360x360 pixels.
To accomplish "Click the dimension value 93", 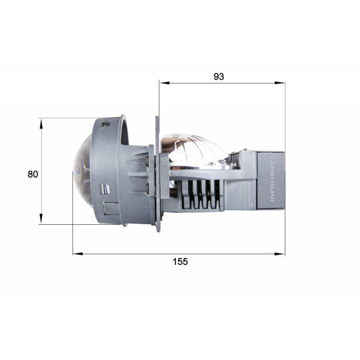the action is click(219, 77).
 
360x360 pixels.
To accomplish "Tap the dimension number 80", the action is click(33, 174).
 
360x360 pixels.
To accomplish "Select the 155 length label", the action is click(180, 261).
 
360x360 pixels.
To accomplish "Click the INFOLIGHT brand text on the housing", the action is click(272, 181).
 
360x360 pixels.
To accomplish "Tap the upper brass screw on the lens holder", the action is click(147, 160).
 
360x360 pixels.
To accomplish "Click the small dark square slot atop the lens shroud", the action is click(106, 124).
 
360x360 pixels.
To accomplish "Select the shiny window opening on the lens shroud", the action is click(104, 189).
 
